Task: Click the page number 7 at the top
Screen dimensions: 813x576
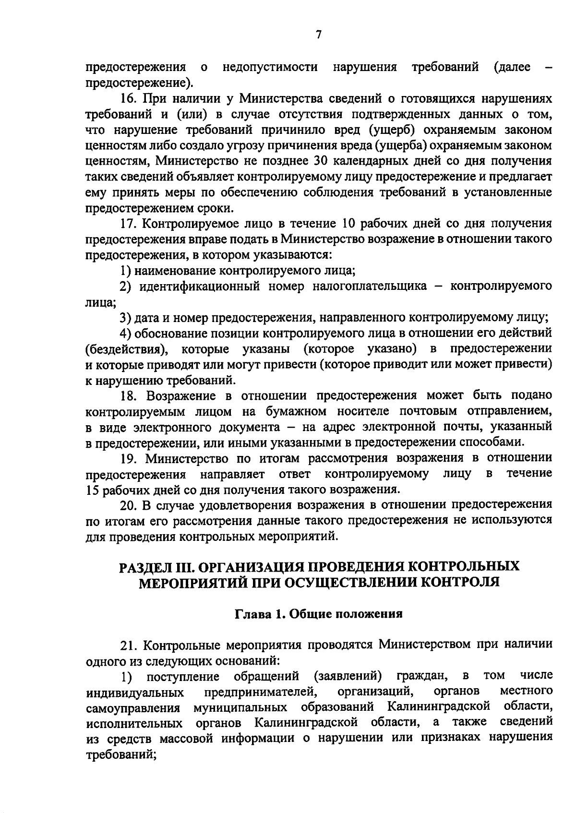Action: click(x=319, y=35)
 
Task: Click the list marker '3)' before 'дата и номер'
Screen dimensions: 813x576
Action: click(x=125, y=318)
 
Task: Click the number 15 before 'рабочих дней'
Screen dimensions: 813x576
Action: click(x=92, y=490)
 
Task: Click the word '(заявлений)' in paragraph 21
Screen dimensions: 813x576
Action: click(x=348, y=676)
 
